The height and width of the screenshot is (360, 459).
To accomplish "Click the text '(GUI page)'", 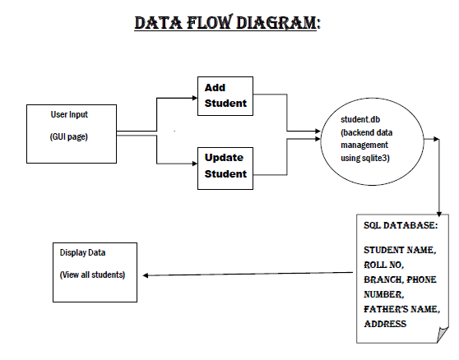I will click(x=69, y=136).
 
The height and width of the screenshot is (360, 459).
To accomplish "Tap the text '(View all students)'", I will click(x=92, y=274).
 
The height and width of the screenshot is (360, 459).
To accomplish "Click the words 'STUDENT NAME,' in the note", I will click(x=400, y=250).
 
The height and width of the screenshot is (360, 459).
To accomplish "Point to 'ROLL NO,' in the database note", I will click(x=385, y=265).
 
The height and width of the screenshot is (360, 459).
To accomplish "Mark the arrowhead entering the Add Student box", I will click(x=194, y=96).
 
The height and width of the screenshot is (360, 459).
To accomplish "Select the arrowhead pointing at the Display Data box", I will click(x=146, y=275).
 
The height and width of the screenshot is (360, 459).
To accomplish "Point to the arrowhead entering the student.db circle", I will click(x=319, y=131).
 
